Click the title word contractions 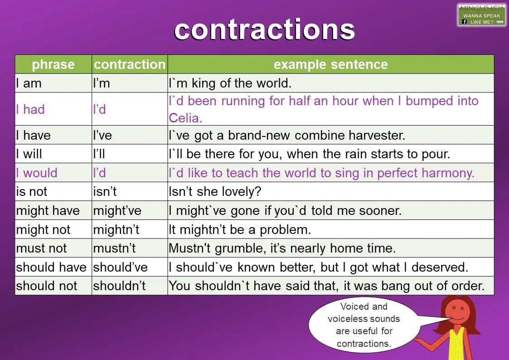point(264,29)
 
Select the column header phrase point(53,64)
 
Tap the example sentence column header point(330,64)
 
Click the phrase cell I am point(29,83)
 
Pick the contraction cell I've point(102,135)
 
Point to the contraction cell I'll point(99,154)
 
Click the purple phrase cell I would point(37,173)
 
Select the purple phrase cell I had point(30,109)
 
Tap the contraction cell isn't point(105,191)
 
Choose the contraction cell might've point(117,210)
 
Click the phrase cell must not point(41,248)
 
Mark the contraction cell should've point(120,267)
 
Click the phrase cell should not point(47,286)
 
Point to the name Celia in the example point(185,118)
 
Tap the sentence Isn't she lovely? point(215,191)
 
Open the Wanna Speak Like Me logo point(481,15)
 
